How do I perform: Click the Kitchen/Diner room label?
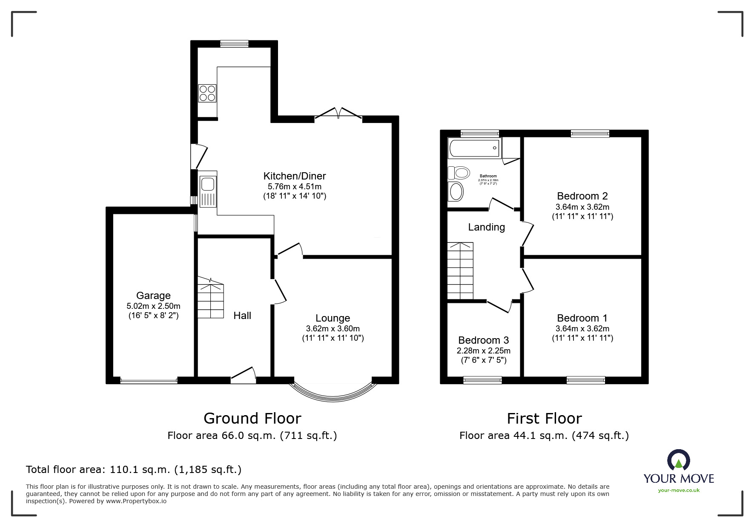294,176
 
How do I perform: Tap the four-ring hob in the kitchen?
207,93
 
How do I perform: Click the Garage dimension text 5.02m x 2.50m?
153,306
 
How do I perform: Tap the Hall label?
242,316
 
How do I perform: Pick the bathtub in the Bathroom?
475,148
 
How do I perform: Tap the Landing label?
486,227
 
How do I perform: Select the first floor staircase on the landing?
460,271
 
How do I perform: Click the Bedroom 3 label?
483,340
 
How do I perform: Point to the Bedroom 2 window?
590,134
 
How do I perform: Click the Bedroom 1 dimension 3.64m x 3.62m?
582,329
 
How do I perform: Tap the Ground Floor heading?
252,419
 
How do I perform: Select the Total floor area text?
134,470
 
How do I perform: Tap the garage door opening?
149,380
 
